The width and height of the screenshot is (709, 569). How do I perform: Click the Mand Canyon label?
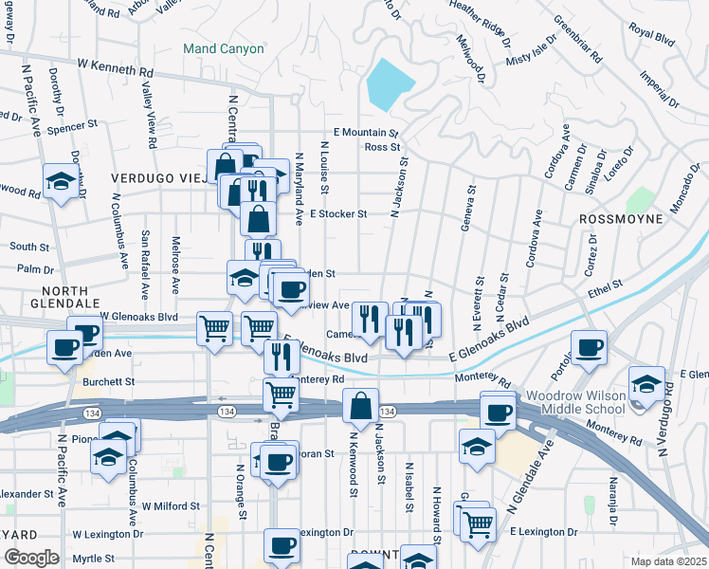point(224,48)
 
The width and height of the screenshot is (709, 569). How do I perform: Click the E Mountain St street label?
point(365,133)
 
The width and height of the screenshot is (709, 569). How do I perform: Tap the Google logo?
point(31,558)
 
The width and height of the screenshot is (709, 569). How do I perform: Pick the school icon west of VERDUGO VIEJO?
point(61,181)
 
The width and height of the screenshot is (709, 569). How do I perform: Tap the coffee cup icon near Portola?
point(589,347)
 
